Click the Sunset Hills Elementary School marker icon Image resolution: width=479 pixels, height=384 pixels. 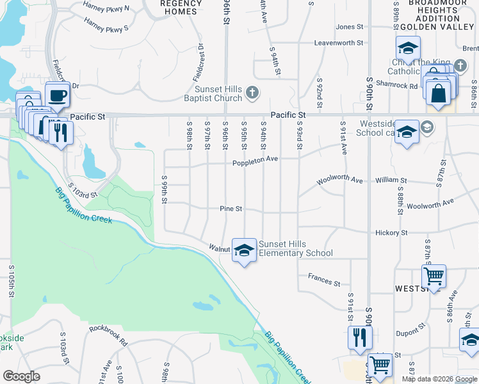click(243, 251)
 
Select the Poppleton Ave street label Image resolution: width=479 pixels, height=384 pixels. click(255, 161)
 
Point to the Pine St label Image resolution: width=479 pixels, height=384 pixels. click(231, 209)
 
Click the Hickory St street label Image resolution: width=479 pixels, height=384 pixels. click(392, 233)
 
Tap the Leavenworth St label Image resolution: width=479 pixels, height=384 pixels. click(339, 44)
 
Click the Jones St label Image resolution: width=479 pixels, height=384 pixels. click(350, 27)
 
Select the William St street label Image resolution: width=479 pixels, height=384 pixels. click(391, 181)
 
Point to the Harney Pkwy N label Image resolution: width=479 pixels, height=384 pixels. click(106, 9)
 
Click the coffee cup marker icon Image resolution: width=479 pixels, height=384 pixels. click(58, 95)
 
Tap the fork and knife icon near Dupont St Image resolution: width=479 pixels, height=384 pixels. click(360, 337)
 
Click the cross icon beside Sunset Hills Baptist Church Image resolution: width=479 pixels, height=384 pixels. click(252, 93)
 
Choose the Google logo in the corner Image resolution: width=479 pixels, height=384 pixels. click(21, 376)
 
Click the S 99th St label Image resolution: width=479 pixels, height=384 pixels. click(165, 190)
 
